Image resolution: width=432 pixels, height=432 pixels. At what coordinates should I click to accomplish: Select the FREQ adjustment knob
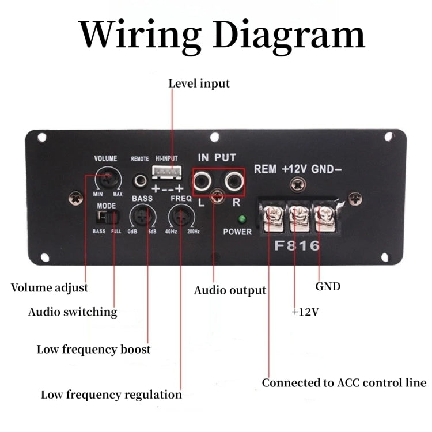point(181,217)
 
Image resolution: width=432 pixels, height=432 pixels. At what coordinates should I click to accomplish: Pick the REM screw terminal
point(271,218)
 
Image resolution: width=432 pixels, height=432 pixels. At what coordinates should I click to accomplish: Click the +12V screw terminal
point(299,218)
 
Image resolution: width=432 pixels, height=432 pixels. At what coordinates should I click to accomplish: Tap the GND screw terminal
point(325,218)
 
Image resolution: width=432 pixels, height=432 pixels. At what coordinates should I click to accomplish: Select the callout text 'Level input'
point(199,84)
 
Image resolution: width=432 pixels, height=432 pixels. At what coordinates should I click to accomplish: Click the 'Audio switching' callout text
point(73,312)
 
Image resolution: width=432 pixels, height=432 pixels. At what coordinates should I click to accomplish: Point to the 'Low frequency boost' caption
point(93,349)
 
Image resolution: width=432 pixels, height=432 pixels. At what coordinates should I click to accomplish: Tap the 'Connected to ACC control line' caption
point(344,383)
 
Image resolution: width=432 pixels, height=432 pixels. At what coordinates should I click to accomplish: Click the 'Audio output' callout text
point(230,290)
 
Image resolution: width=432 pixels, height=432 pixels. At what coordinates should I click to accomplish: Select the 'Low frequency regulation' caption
point(111,395)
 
